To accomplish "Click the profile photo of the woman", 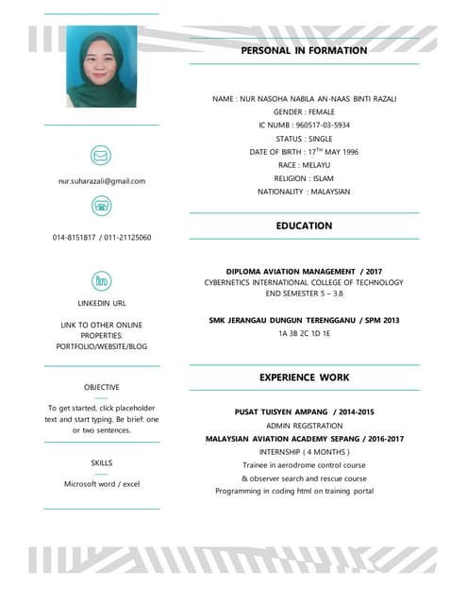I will coord(101,66).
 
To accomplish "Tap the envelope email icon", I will coord(101,155).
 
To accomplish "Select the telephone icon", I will coord(101,207).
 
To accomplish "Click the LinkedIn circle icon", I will coord(101,280).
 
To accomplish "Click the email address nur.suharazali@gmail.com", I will coord(101,180).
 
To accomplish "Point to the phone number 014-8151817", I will coord(75,238).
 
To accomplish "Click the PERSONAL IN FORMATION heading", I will coord(304,50).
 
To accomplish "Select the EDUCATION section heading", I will coord(304,226).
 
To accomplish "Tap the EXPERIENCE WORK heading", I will coord(304,377).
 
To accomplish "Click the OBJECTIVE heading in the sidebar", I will coord(101,387).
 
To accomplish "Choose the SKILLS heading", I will coord(101,462).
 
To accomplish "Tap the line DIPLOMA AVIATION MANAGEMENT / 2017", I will coord(304,271).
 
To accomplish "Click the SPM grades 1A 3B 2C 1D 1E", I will coord(304,333).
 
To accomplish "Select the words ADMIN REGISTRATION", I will coord(304,426).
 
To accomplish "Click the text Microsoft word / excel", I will coord(101,483).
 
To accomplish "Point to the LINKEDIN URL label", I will coord(101,304).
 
